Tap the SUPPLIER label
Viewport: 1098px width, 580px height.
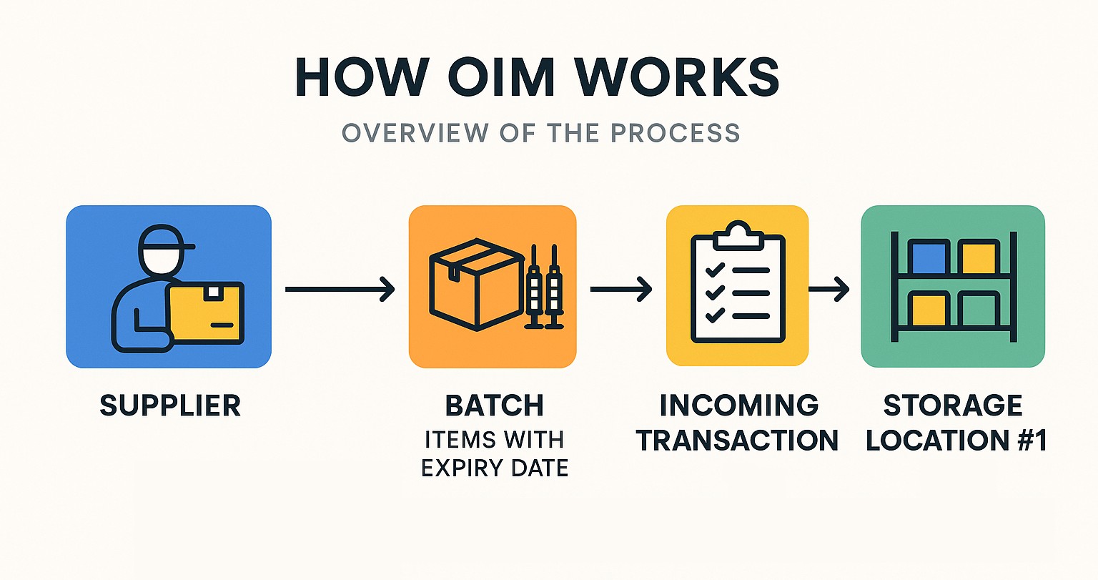[x=170, y=405]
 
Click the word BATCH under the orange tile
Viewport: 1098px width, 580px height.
[x=495, y=405]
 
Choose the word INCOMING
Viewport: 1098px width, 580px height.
[x=738, y=405]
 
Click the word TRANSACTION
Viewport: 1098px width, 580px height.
[x=737, y=440]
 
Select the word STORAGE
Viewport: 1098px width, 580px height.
[x=953, y=405]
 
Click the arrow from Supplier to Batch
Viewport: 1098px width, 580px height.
[x=340, y=289]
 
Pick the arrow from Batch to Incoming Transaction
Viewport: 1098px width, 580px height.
[x=620, y=289]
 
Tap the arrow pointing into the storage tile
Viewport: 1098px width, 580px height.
[x=829, y=289]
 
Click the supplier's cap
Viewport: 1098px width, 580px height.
[x=164, y=240]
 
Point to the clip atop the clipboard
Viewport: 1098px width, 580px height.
[x=737, y=234]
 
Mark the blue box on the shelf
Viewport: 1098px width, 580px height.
[x=929, y=258]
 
